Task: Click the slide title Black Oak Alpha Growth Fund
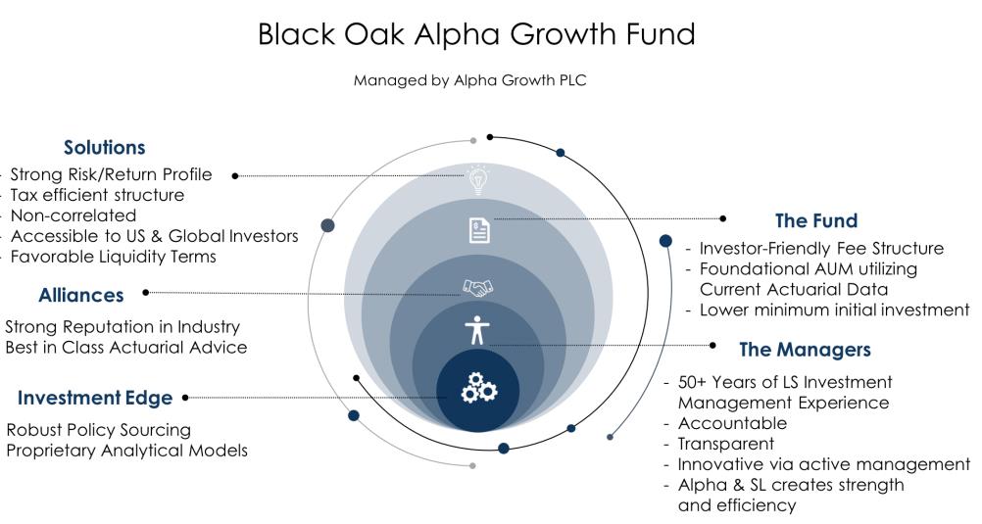tap(476, 34)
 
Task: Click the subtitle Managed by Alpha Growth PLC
tap(469, 80)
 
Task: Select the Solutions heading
tap(105, 148)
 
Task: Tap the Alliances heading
tap(81, 295)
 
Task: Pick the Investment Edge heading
tap(95, 399)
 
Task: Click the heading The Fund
tap(816, 221)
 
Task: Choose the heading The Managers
tap(805, 350)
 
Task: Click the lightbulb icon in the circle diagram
tap(478, 180)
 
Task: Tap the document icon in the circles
tap(479, 230)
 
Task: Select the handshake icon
tap(478, 288)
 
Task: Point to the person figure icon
tap(477, 330)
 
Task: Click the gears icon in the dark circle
tap(478, 388)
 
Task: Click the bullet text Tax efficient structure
tap(97, 195)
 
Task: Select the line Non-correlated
tap(74, 216)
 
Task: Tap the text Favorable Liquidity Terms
tap(114, 257)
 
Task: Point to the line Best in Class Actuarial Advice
tap(125, 348)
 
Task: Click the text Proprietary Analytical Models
tap(127, 451)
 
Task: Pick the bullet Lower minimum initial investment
tap(834, 310)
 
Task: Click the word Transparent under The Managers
tap(726, 444)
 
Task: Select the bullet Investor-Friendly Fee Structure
tap(821, 249)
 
